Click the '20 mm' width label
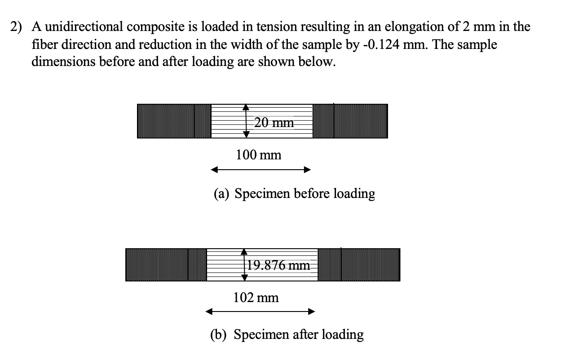coord(274,122)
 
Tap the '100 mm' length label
coord(258,155)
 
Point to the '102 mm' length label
coord(256,297)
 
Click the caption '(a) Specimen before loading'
coord(294,193)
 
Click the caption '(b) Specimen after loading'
coord(287,334)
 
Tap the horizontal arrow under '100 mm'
coord(261,170)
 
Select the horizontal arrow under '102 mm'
coord(260,312)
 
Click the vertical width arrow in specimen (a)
coord(246,121)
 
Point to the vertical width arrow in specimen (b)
coord(244,265)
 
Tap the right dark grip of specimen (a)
coord(350,121)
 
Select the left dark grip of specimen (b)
coord(166,265)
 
